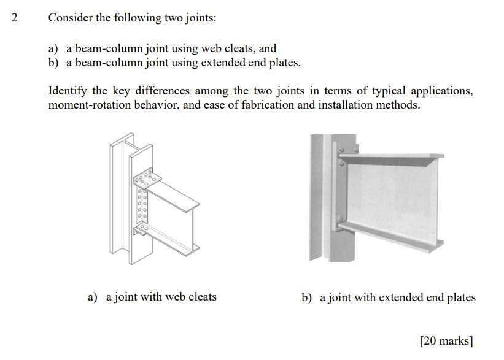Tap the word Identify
coord(68,91)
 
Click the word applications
coord(441,91)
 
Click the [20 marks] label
coord(446,340)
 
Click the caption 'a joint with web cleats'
coord(161,297)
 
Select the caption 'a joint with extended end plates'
coord(397,297)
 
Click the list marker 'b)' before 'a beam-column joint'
coord(54,63)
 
